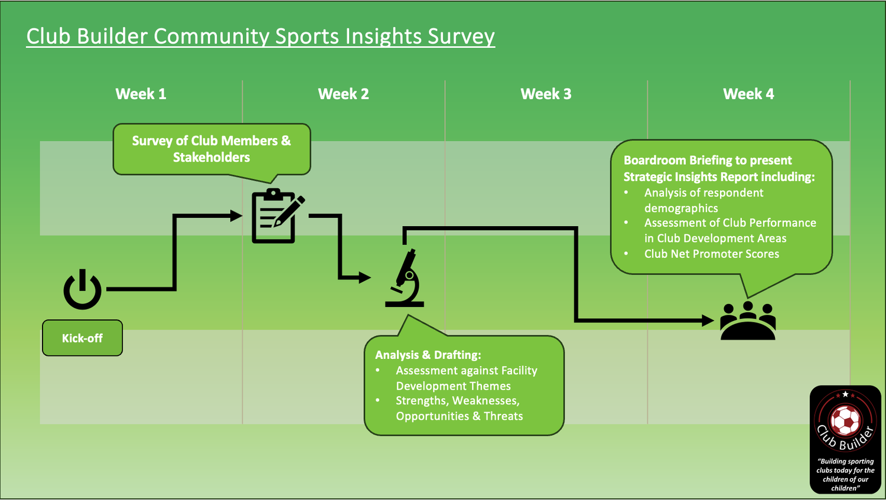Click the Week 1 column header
141,94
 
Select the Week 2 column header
343,94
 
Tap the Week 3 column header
546,94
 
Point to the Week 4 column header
748,94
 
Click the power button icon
82,290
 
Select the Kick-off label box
82,338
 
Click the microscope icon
405,278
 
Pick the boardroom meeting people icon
748,321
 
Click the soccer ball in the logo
845,420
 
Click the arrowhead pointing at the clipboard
236,216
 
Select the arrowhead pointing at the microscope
364,277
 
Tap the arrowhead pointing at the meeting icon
708,321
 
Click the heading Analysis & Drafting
428,355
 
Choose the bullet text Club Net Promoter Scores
711,254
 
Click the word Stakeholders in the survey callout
211,158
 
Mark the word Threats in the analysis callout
503,416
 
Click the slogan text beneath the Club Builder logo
845,475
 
